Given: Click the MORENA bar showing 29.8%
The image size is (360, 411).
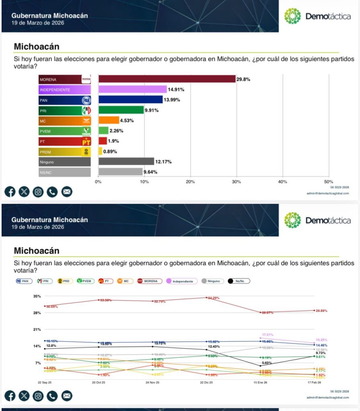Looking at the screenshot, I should [167, 79].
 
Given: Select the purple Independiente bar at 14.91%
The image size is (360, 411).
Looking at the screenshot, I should [133, 90].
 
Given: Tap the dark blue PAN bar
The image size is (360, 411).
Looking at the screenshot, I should [131, 100].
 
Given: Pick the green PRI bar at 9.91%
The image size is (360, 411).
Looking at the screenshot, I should [121, 110].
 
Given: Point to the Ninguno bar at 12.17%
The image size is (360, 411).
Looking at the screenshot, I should [126, 161].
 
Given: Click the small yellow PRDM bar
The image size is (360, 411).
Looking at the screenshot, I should [100, 151].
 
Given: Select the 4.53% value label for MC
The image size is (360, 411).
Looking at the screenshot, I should [127, 120].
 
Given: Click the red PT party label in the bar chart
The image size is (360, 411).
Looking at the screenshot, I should [65, 141].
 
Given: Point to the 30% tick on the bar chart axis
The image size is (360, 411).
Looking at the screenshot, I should [236, 182].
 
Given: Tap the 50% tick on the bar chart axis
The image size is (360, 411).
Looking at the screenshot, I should [328, 182].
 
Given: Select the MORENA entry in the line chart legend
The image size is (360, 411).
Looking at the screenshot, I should [150, 281].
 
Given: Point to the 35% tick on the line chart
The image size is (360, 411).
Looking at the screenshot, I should [37, 296].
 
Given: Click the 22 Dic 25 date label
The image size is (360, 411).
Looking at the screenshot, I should [207, 383].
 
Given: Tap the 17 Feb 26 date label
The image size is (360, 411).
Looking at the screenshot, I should [314, 383].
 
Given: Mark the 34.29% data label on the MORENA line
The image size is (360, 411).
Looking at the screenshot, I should [214, 298].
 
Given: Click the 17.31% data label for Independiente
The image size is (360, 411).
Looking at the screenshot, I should [268, 334].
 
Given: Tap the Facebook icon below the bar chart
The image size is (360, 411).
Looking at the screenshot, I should [10, 192].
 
